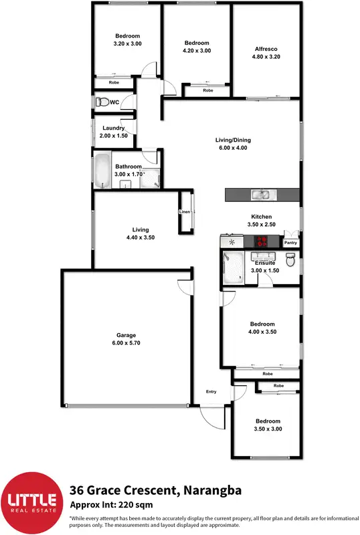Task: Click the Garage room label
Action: (x=127, y=334)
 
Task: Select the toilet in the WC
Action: (x=102, y=102)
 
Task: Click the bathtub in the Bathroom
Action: (x=101, y=172)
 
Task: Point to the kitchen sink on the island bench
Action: (x=260, y=195)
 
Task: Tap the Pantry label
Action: (x=290, y=243)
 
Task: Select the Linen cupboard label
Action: (x=185, y=212)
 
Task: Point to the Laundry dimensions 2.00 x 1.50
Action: (x=113, y=136)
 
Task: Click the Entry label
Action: (x=211, y=392)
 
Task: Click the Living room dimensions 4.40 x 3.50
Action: (x=141, y=237)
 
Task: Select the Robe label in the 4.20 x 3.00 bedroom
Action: (x=207, y=90)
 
